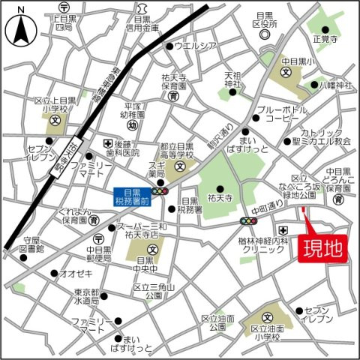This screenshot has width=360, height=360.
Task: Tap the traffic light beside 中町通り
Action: click(247, 221)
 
